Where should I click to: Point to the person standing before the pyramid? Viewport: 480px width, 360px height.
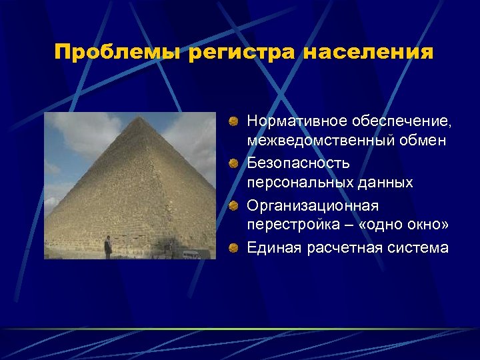(x=108, y=248)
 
